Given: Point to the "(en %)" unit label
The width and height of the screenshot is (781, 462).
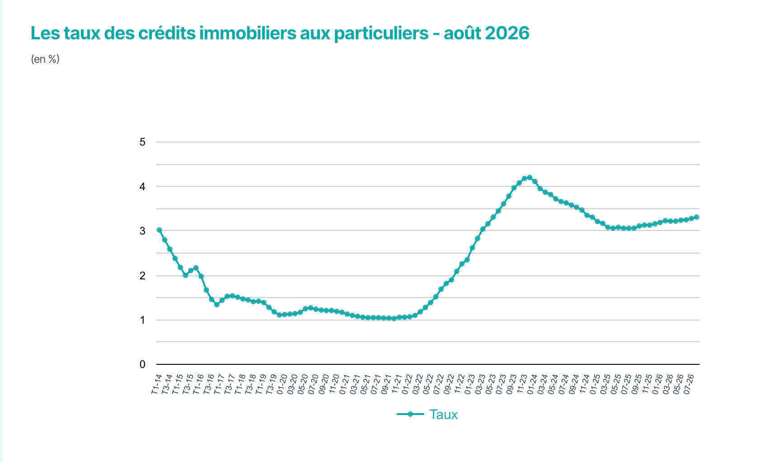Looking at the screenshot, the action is [45, 59].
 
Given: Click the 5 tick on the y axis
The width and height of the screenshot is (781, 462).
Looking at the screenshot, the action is [143, 142].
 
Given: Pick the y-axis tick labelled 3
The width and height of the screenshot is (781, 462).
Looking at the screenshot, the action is [143, 231].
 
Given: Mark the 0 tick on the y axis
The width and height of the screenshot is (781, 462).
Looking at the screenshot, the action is [143, 364].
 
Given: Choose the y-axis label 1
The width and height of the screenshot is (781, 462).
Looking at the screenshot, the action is [143, 320].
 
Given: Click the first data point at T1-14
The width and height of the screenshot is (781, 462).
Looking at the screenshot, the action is [160, 230].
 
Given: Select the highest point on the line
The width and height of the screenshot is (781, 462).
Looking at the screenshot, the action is [530, 178].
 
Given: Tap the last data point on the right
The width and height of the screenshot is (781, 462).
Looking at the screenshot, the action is [696, 217].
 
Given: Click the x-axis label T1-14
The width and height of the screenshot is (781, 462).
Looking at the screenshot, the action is [156, 384].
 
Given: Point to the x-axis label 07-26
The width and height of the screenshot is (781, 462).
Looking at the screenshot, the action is [688, 384].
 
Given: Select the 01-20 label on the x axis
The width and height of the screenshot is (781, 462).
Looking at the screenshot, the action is [282, 384].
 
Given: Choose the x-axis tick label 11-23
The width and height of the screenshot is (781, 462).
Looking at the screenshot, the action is [522, 384].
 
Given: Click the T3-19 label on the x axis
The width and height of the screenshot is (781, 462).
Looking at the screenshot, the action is [271, 384].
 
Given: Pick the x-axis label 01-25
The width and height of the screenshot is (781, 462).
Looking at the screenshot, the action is [595, 384].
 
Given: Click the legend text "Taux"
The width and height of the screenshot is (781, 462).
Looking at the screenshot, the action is [443, 415].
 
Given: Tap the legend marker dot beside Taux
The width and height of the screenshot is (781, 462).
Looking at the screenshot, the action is [410, 414].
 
